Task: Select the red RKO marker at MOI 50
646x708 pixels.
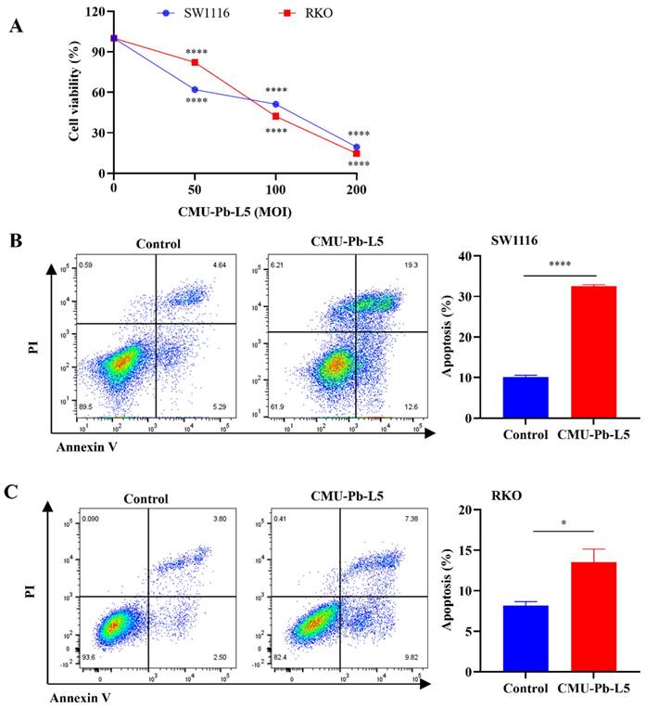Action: coord(195,62)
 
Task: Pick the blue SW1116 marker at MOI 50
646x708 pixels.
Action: coord(195,90)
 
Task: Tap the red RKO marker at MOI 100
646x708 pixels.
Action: coord(276,116)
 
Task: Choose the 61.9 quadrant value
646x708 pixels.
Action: coord(275,407)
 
